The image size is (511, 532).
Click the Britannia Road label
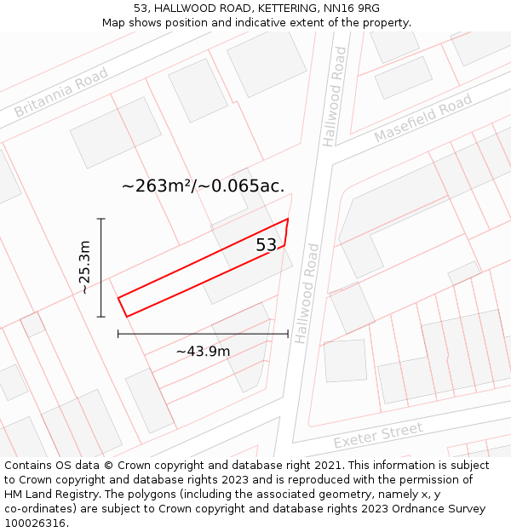click(60, 94)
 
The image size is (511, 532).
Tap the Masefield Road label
click(423, 119)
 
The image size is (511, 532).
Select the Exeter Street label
click(378, 436)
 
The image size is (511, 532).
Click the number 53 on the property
click(267, 245)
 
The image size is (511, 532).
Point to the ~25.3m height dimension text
click(84, 267)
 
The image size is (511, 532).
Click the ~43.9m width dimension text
click(203, 351)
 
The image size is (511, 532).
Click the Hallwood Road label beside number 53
click(308, 294)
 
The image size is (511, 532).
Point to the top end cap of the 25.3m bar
click(101, 219)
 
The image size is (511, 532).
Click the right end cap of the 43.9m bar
click(288, 334)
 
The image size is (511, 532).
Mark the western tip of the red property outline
click(118, 298)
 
